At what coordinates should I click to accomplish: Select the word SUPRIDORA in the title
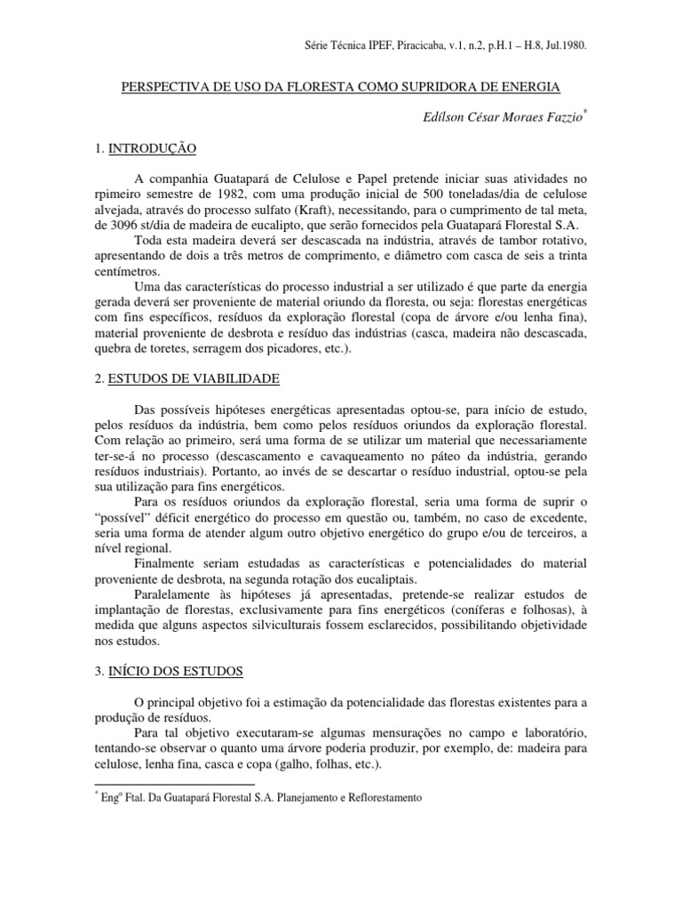441,89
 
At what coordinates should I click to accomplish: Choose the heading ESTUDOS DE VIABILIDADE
194,379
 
